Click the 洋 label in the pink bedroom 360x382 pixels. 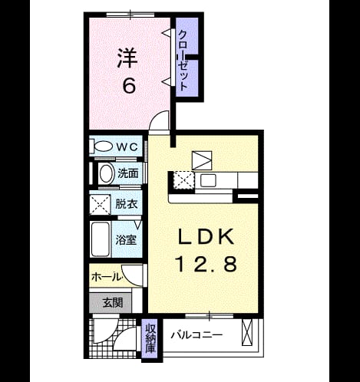click(x=127, y=58)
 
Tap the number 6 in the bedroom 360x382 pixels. click(x=129, y=86)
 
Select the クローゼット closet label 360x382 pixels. click(x=183, y=61)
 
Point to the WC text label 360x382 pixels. click(x=127, y=147)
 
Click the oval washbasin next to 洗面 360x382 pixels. click(x=107, y=174)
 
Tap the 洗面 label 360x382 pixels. click(x=128, y=173)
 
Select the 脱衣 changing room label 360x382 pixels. click(x=127, y=204)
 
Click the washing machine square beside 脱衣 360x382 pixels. click(x=100, y=204)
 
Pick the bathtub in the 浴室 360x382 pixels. click(x=101, y=239)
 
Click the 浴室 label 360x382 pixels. click(x=126, y=240)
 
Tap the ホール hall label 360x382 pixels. click(x=106, y=277)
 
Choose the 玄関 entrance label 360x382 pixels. click(x=113, y=303)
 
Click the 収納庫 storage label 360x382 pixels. click(x=150, y=338)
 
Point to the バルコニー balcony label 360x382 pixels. click(x=197, y=335)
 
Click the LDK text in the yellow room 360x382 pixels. click(x=206, y=236)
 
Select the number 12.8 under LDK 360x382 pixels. click(x=206, y=264)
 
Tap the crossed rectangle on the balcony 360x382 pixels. click(x=247, y=332)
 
